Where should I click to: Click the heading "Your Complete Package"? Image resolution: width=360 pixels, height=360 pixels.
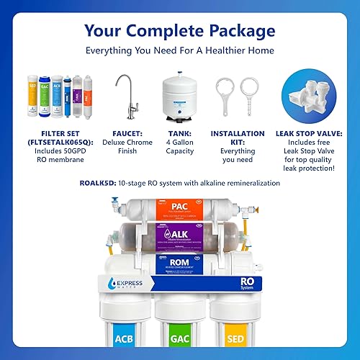[179, 31]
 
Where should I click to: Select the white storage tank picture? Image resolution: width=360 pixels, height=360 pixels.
[180, 97]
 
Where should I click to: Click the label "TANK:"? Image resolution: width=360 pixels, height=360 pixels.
[180, 133]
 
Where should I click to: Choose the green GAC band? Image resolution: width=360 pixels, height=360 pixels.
[180, 338]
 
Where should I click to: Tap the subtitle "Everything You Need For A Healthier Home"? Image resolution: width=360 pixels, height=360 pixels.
[179, 52]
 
